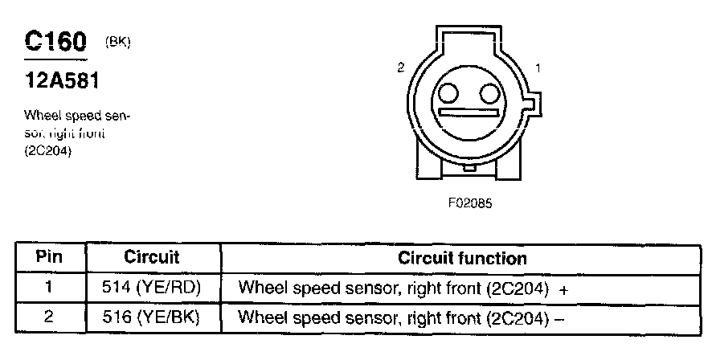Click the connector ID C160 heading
[55, 41]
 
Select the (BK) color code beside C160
[117, 42]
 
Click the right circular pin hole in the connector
[488, 95]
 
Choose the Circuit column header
[152, 258]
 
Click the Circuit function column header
[462, 258]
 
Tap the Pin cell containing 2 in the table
[50, 317]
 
